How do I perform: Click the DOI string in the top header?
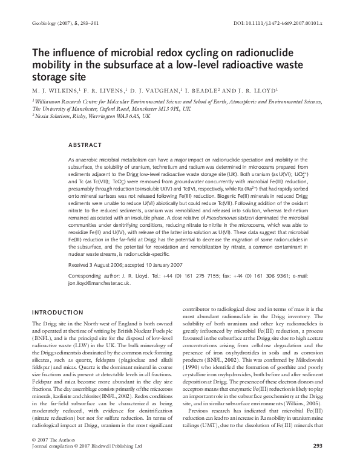pos(279,22)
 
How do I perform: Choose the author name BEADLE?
pos(209,88)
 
